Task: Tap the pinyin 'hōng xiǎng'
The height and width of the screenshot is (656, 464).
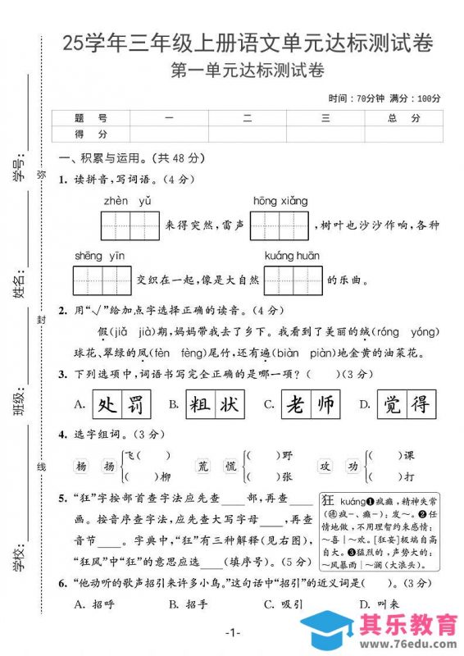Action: (280, 201)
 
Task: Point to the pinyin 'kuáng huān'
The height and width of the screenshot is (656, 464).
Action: (292, 256)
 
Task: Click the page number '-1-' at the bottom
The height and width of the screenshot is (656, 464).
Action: (232, 632)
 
